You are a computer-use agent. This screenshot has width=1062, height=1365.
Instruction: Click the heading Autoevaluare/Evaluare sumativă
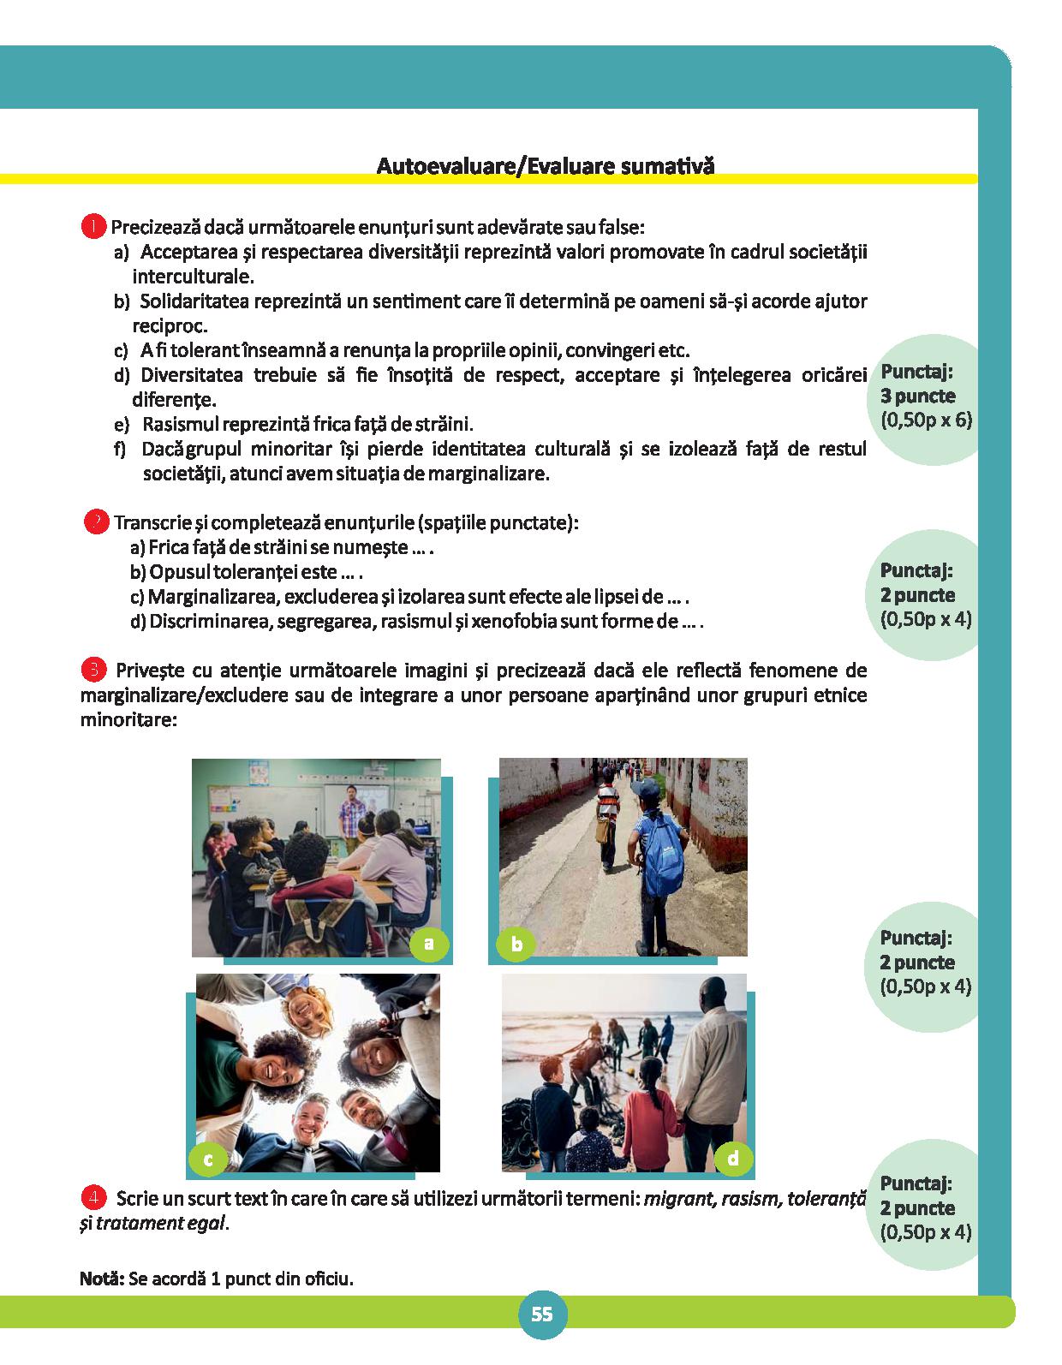pos(545,165)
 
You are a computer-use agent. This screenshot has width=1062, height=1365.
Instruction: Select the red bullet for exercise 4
pos(93,1197)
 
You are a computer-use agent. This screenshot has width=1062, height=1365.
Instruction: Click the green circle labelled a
pos(429,944)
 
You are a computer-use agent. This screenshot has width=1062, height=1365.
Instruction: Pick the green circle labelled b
pos(516,945)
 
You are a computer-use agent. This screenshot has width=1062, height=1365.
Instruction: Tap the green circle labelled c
pos(207,1159)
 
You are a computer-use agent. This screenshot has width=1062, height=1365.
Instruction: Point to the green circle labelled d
pos(733,1159)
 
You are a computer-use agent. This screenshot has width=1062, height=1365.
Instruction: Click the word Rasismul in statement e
pos(176,424)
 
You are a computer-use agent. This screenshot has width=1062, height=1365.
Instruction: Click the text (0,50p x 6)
pos(926,420)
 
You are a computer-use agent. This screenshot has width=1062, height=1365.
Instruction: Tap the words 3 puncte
pos(917,396)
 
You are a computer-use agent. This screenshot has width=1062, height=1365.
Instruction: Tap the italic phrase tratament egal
pos(161,1223)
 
